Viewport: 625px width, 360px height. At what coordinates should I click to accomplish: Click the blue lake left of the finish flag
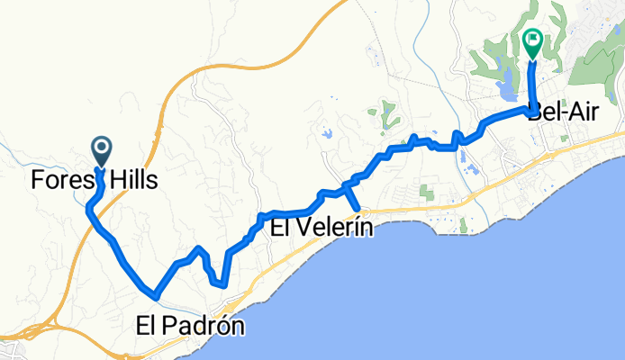click(x=505, y=88)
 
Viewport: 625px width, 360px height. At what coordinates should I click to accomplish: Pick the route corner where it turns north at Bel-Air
click(x=529, y=108)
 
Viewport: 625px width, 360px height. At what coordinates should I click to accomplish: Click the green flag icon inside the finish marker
click(x=532, y=40)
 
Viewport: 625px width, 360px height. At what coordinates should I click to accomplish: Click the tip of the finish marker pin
click(x=532, y=59)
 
